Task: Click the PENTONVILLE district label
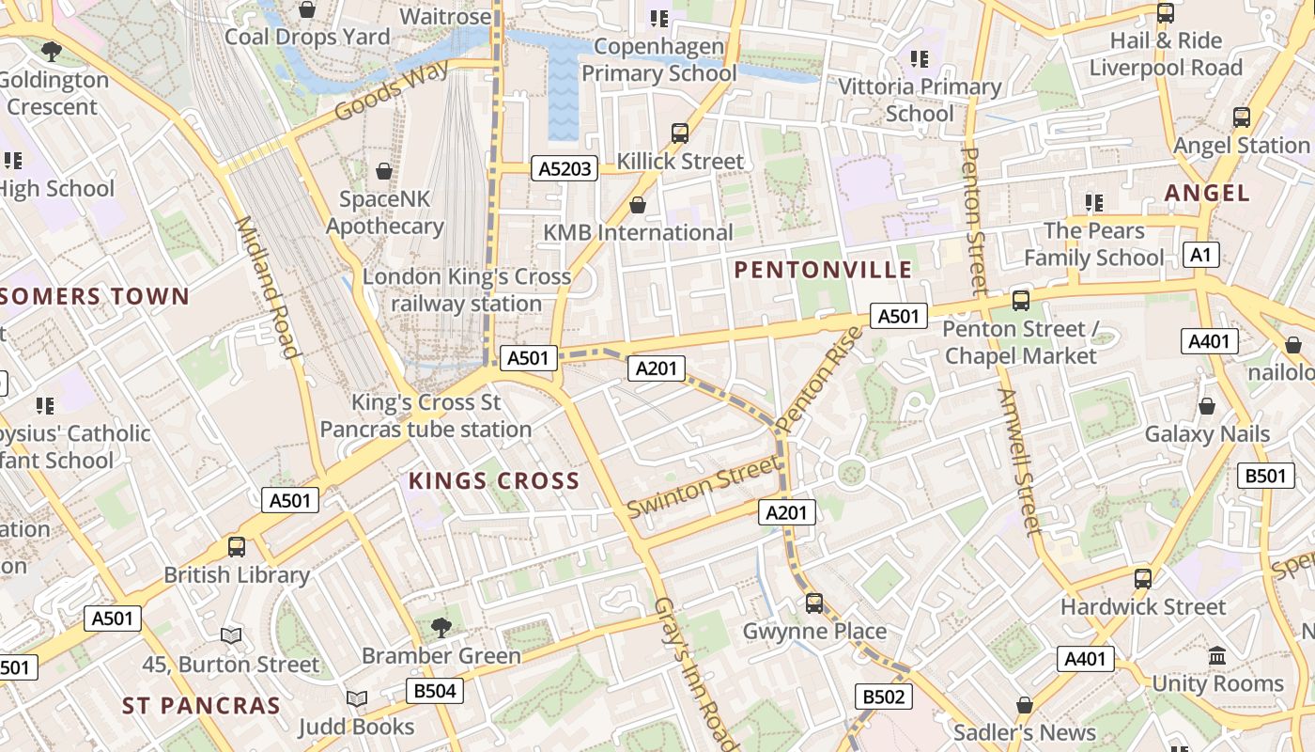(823, 271)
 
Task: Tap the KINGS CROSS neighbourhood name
(494, 481)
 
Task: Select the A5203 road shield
(565, 168)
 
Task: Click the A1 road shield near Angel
(1201, 255)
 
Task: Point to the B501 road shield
(1264, 476)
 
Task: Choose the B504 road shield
(435, 692)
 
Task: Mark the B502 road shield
(883, 697)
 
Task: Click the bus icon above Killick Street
(680, 133)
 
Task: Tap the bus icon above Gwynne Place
(814, 603)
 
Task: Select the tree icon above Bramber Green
(441, 627)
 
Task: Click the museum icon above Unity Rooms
(1217, 655)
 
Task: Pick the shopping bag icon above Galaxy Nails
(1207, 406)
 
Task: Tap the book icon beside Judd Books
(357, 698)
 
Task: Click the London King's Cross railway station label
(467, 290)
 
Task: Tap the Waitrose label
(445, 17)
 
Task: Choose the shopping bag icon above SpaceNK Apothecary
(383, 171)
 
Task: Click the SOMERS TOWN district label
(95, 297)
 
